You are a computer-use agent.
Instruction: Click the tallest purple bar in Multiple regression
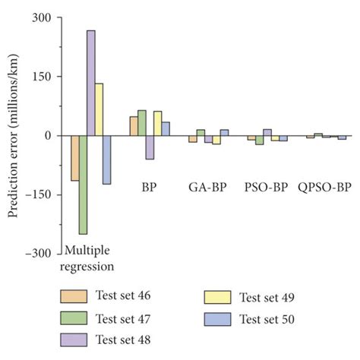[91, 84]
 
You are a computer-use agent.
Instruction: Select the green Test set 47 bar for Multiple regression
[83, 185]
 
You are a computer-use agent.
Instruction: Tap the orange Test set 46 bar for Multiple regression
[74, 158]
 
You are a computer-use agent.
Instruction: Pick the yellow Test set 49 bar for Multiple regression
[99, 109]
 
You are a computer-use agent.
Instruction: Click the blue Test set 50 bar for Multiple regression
[107, 159]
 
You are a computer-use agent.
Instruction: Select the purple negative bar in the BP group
[150, 147]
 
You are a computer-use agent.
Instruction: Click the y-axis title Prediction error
[13, 135]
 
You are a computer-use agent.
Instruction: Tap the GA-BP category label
[205, 186]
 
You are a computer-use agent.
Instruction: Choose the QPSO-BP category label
[324, 186]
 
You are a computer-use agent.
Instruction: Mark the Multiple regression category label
[90, 259]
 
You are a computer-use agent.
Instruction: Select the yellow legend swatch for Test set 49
[216, 297]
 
